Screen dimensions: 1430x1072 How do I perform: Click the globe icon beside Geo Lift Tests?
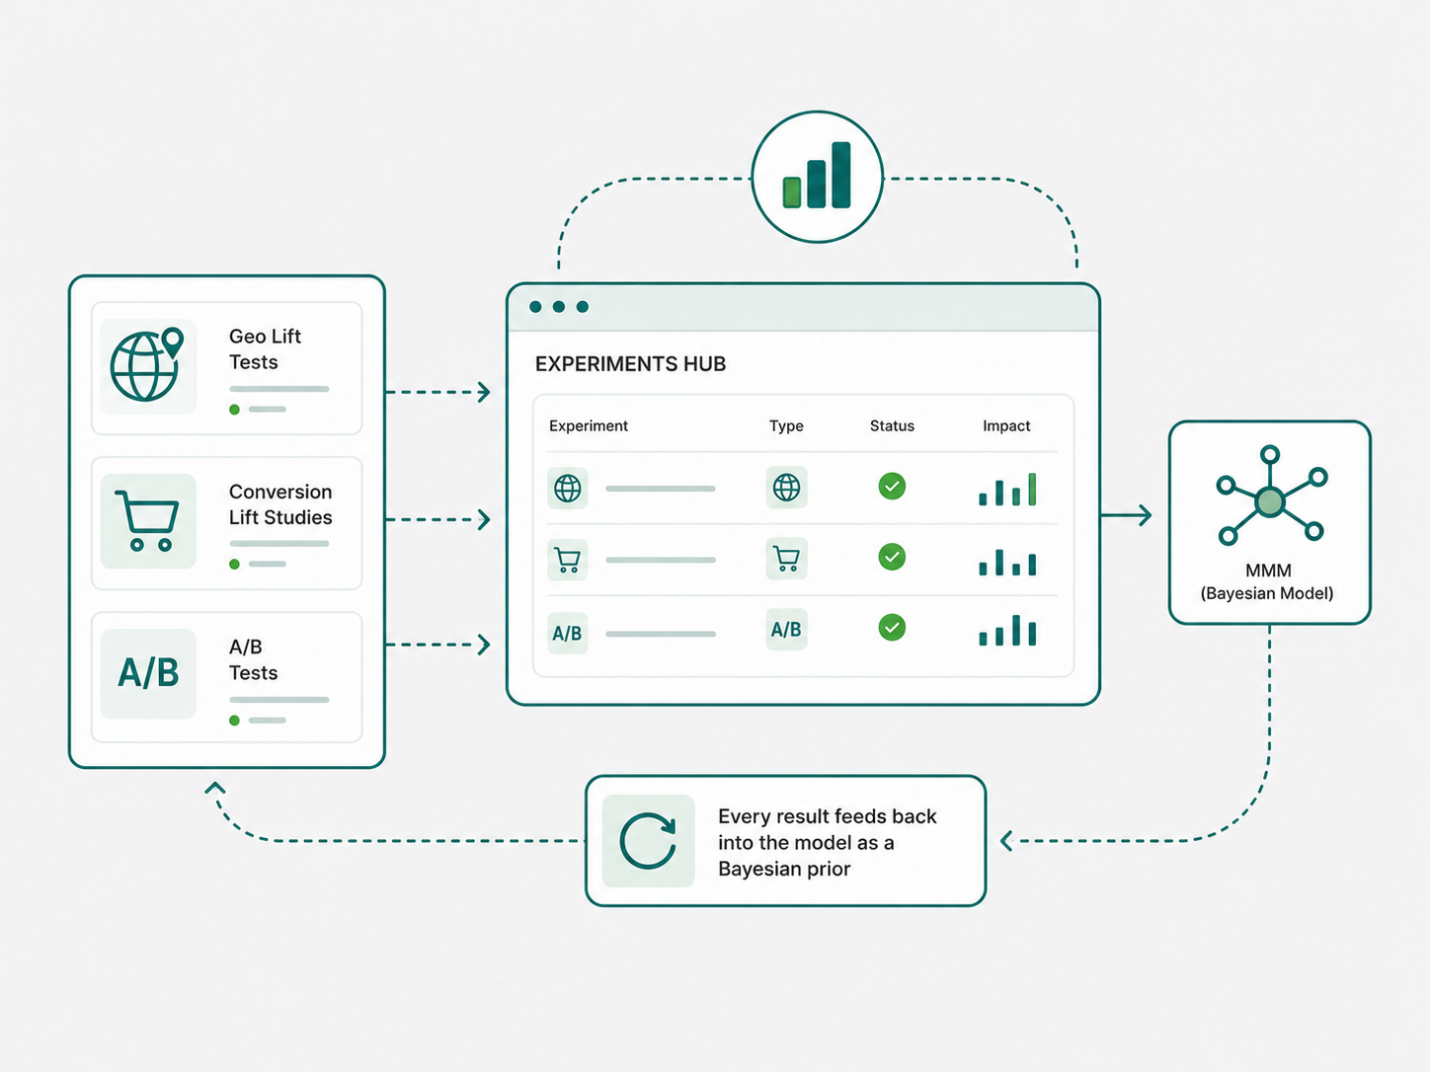pyautogui.click(x=146, y=364)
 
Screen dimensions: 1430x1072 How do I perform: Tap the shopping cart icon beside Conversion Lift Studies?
pyautogui.click(x=147, y=521)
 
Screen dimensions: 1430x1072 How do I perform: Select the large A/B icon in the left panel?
pyautogui.click(x=148, y=672)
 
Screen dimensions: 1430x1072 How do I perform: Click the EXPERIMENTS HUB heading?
pyautogui.click(x=631, y=364)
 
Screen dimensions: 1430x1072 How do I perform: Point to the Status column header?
pyautogui.click(x=892, y=425)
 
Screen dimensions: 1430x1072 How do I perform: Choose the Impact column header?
pyautogui.click(x=1006, y=425)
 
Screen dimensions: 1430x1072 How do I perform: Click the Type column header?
pyautogui.click(x=786, y=425)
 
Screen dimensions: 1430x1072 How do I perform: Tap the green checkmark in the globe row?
pyautogui.click(x=892, y=487)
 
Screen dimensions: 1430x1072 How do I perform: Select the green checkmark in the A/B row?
pyautogui.click(x=892, y=628)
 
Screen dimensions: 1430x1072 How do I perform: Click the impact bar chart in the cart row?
pyautogui.click(x=1007, y=563)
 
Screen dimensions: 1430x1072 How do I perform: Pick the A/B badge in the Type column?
pyautogui.click(x=786, y=630)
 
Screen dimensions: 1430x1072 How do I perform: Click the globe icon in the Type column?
pyautogui.click(x=786, y=488)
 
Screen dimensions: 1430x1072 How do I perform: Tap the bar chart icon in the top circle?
pyautogui.click(x=817, y=175)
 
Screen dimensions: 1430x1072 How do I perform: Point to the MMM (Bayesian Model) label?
pyautogui.click(x=1268, y=581)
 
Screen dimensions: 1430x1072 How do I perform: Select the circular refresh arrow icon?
pyautogui.click(x=648, y=840)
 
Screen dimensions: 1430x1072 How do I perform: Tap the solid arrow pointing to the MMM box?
pyautogui.click(x=1126, y=515)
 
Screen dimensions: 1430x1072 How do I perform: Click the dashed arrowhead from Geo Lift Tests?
pyautogui.click(x=483, y=392)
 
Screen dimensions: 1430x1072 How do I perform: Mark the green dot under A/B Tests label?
pyautogui.click(x=234, y=721)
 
